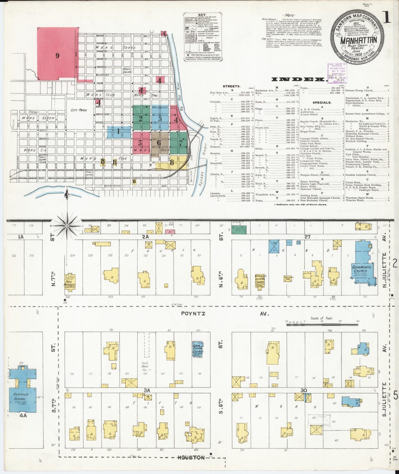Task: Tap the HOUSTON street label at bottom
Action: (x=191, y=457)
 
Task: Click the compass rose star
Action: (x=67, y=226)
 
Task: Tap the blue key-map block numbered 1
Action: (x=119, y=132)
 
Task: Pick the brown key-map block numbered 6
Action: (x=159, y=143)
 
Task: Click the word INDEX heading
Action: (x=298, y=79)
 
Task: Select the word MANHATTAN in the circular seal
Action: (x=358, y=40)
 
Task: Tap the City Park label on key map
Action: (x=79, y=110)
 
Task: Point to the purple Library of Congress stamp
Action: (x=337, y=72)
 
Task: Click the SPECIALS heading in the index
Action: (x=322, y=102)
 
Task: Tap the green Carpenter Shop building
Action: (x=239, y=229)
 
